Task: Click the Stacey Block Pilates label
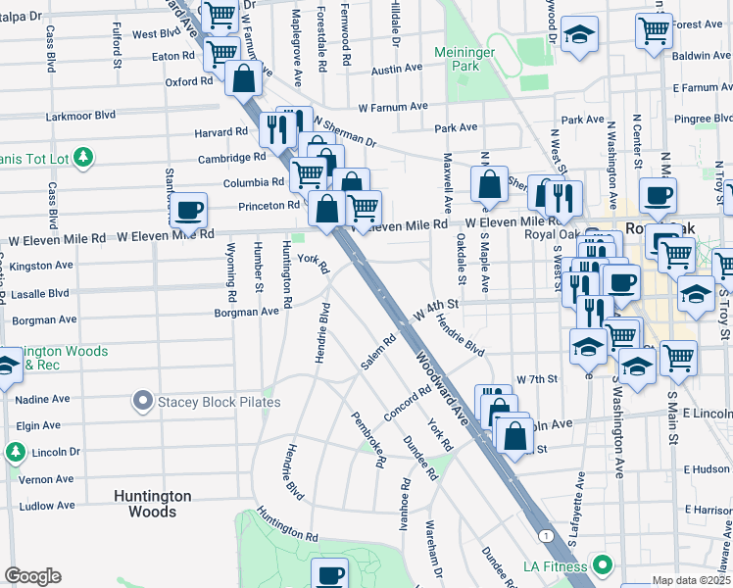[219, 402]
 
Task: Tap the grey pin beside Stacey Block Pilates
[143, 401]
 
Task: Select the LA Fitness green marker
[602, 565]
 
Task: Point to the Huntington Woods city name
[153, 504]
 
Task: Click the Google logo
[32, 576]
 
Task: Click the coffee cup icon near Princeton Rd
[188, 208]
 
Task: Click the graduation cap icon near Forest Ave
[580, 34]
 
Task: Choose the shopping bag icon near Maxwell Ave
[489, 183]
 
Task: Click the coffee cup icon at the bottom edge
[330, 574]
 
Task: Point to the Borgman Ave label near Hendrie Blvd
[248, 312]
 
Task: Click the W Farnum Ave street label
[393, 106]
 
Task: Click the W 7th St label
[536, 379]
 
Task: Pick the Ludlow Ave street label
[46, 506]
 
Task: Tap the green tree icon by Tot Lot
[84, 156]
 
